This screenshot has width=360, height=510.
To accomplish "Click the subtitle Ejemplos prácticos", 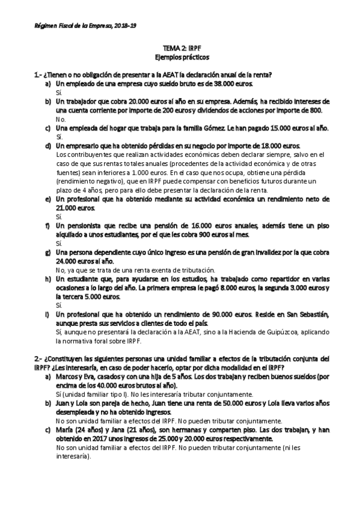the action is pyautogui.click(x=180, y=60).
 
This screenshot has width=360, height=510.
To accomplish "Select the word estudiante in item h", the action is pyautogui.click(x=88, y=279).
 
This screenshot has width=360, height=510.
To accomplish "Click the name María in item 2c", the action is pyautogui.click(x=64, y=430).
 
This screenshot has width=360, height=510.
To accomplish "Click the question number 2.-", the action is pyautogui.click(x=38, y=358).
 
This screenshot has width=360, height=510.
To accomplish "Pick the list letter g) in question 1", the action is pyautogui.click(x=47, y=253).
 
